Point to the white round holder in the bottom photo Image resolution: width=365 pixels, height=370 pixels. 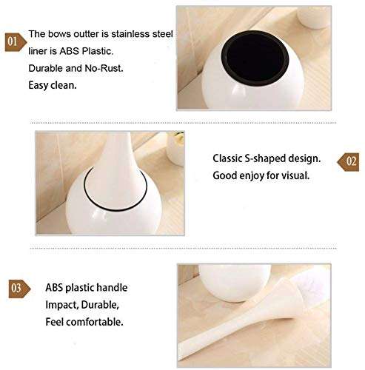pyautogui.click(x=226, y=281)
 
